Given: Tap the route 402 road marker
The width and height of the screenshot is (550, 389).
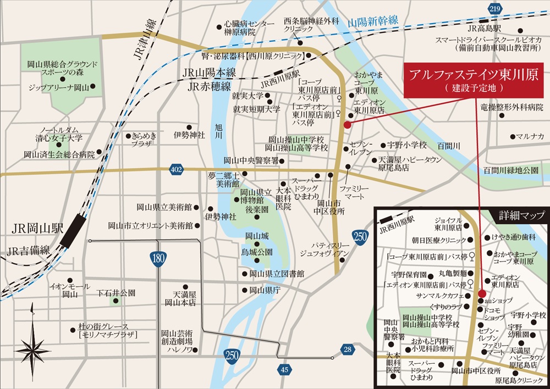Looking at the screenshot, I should [176, 170].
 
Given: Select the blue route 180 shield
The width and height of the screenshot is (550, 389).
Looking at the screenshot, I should [158, 258].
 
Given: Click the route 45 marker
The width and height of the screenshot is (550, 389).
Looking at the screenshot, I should [284, 370].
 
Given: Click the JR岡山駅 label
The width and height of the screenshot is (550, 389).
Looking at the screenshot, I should [34, 226].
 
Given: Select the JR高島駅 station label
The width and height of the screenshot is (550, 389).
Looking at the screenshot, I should [483, 28].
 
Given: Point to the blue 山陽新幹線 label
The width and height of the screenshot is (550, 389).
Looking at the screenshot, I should [373, 22].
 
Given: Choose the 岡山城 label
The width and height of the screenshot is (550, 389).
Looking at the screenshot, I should [256, 236].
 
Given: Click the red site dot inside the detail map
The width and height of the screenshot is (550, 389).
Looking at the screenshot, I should [482, 293].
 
